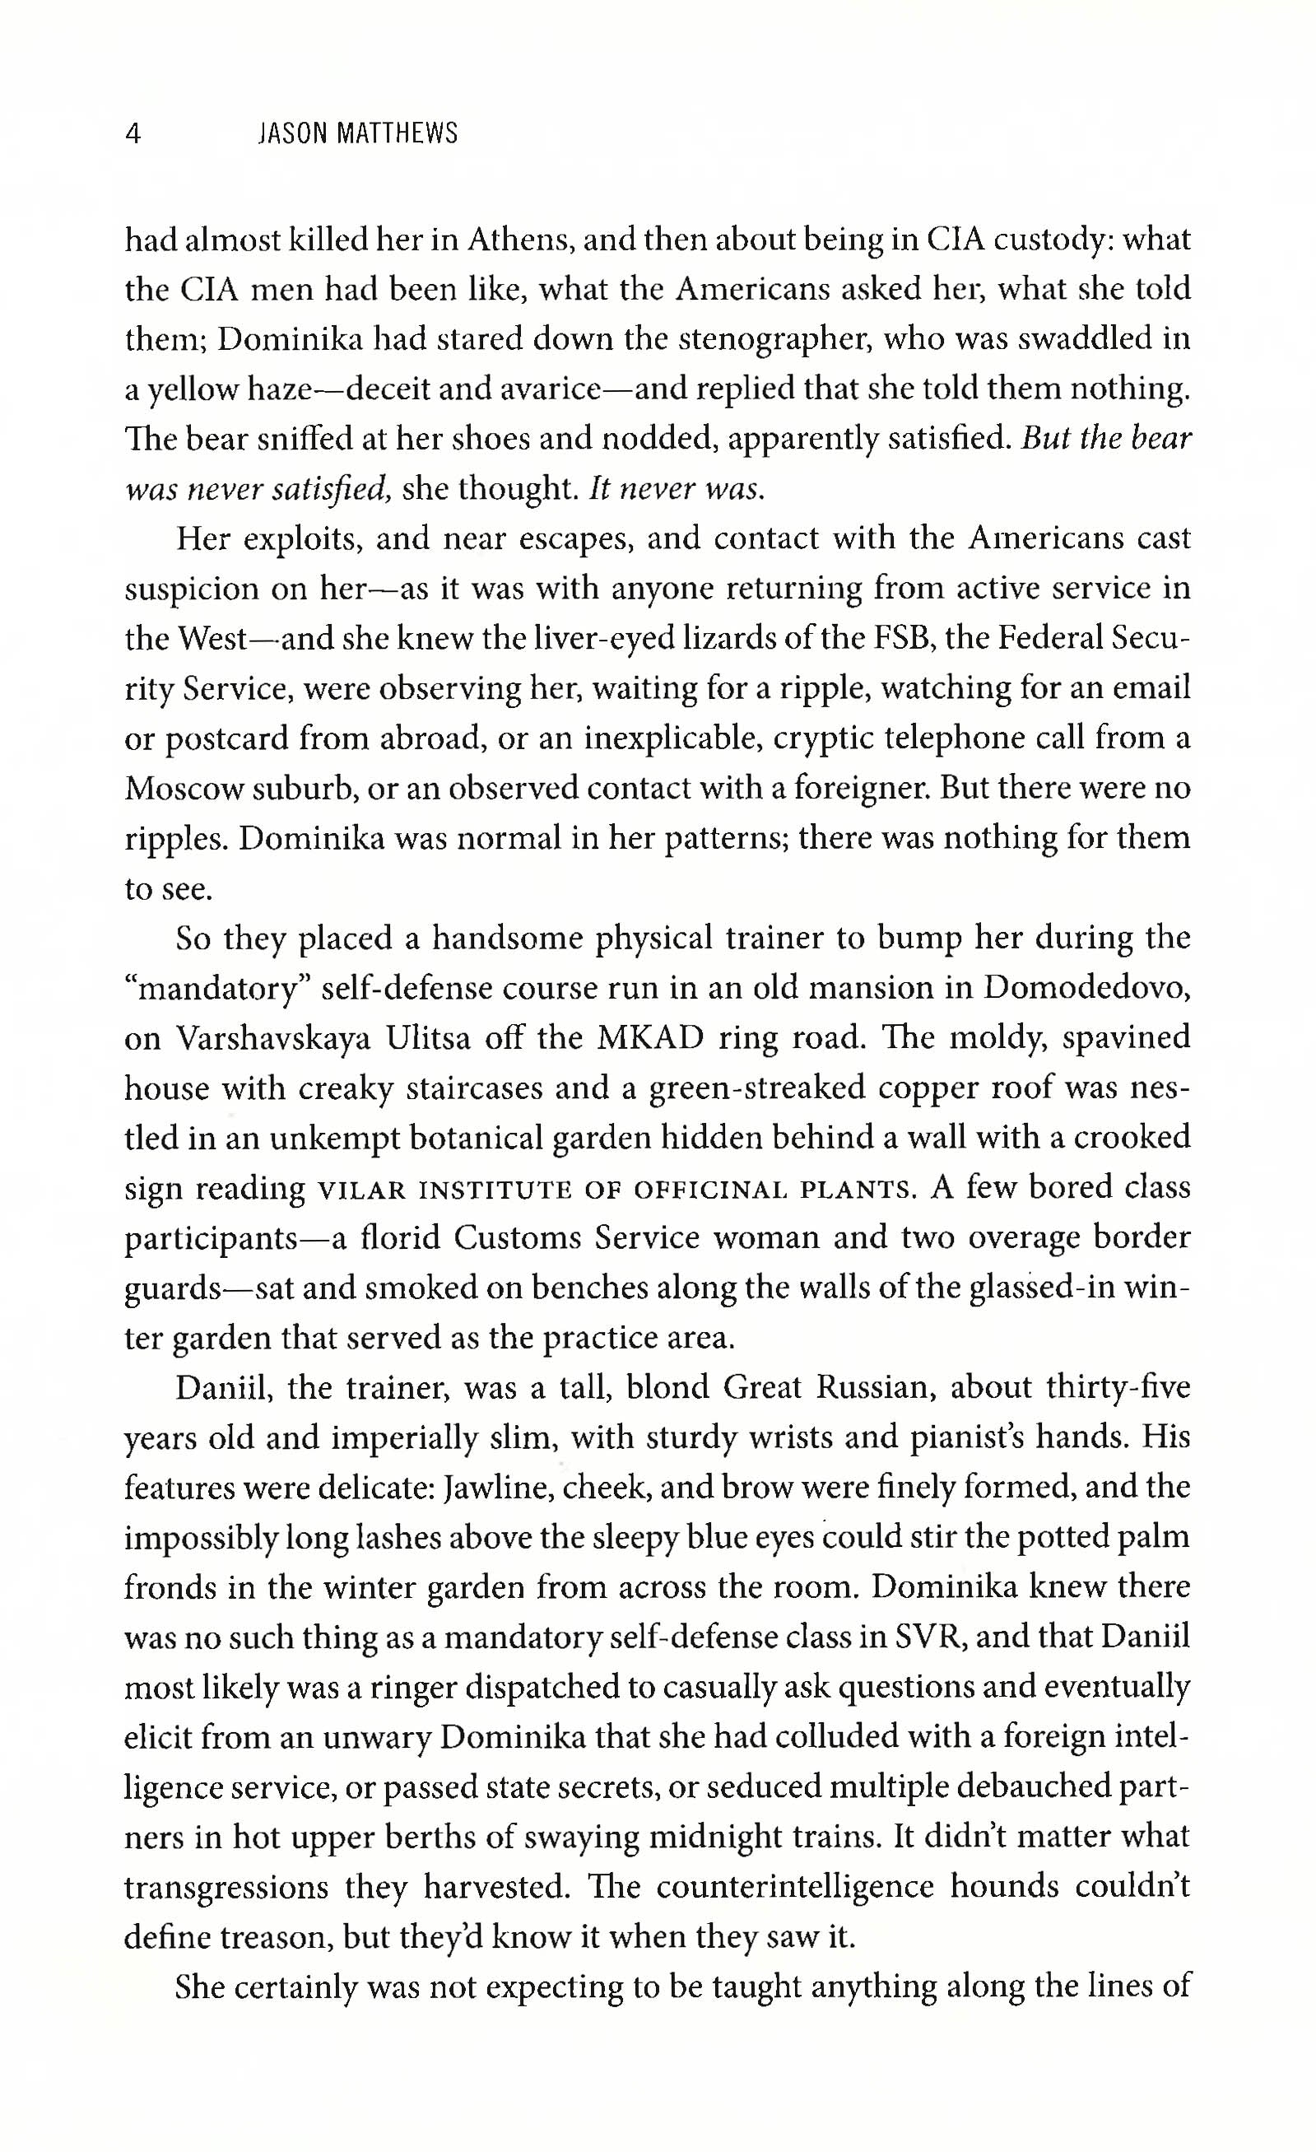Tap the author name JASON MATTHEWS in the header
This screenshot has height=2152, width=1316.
[358, 133]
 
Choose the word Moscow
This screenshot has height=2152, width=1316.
[183, 789]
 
